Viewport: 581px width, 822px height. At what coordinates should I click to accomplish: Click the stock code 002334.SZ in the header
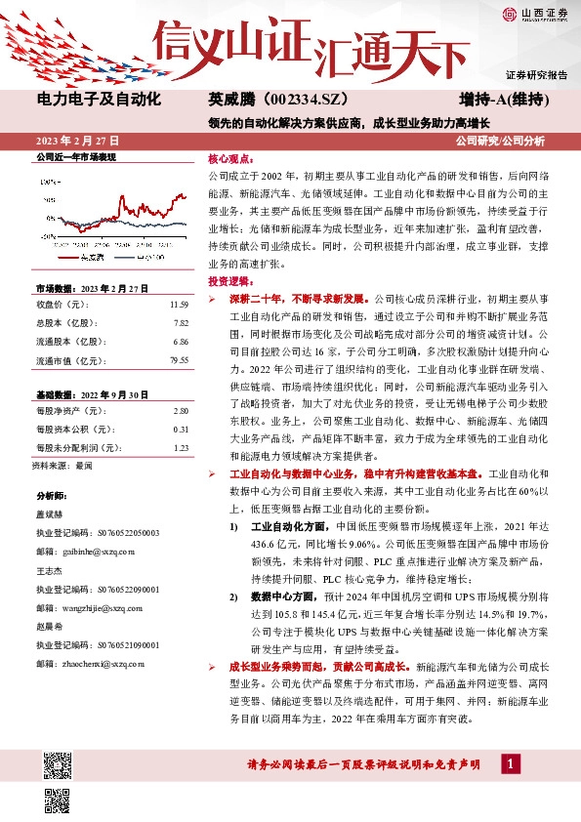point(292,100)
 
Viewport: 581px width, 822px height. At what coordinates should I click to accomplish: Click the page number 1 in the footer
point(509,762)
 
